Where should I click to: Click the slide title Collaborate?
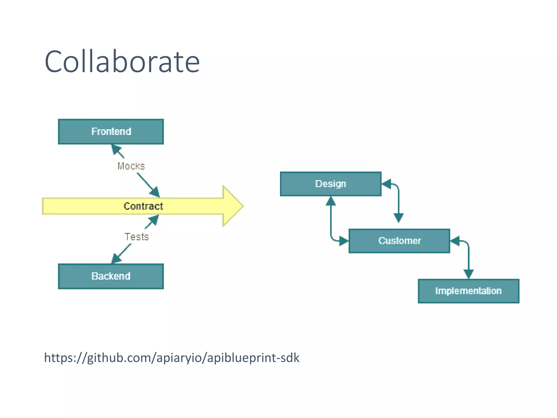(x=122, y=62)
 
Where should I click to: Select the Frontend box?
(x=111, y=132)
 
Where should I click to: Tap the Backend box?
(x=111, y=276)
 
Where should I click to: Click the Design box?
(x=331, y=184)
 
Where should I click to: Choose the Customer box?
(x=399, y=241)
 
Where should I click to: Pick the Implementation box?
(x=468, y=291)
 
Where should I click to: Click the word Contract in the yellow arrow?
(x=143, y=206)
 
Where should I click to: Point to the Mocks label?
(x=131, y=166)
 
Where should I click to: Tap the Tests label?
(x=137, y=237)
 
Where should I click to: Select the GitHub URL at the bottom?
(x=172, y=358)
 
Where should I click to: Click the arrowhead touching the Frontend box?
(x=116, y=149)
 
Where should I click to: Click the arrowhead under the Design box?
(x=331, y=201)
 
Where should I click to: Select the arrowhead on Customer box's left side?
(x=344, y=241)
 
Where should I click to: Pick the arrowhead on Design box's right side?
(x=386, y=184)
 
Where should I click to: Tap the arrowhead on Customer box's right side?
(x=455, y=241)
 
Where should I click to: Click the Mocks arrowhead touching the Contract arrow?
(x=155, y=192)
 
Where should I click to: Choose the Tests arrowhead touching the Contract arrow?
(x=154, y=220)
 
